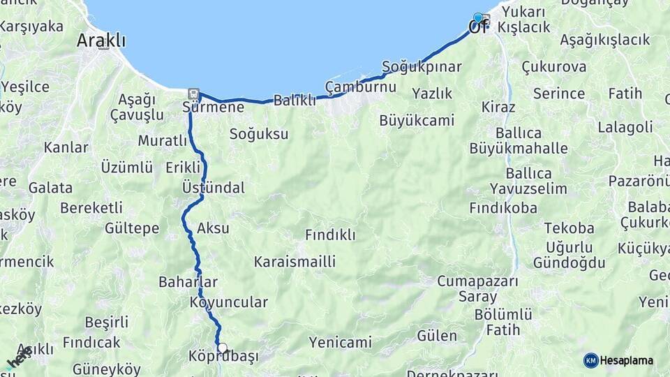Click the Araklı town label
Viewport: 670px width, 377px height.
pos(101,40)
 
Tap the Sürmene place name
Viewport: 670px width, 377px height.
pos(213,108)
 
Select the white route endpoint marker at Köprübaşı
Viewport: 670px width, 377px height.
pos(222,347)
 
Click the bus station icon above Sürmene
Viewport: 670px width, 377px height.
pos(193,94)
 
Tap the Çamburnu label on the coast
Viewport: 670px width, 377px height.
pos(360,87)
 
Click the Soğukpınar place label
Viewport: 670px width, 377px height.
pos(422,67)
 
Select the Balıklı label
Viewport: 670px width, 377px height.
pos(295,101)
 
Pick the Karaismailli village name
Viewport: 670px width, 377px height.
pos(295,262)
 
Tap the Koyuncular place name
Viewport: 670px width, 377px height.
pos(228,302)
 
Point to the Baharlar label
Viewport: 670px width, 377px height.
pos(188,282)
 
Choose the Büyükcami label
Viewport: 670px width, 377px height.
pos(417,120)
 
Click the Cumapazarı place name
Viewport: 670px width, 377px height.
pos(477,281)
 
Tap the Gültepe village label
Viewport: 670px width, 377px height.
pos(132,228)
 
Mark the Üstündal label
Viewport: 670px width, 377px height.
pos(213,188)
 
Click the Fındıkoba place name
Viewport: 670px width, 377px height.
pos(503,208)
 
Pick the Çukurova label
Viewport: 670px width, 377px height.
pos(553,67)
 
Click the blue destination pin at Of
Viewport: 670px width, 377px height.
pos(477,18)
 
